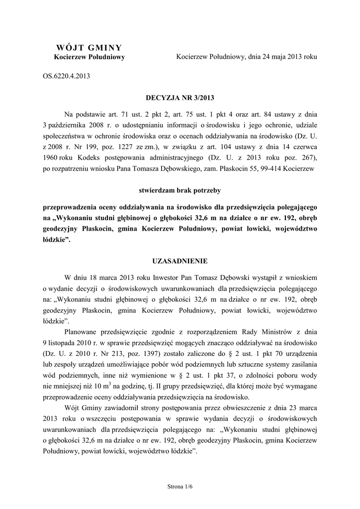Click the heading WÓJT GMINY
tap(89, 48)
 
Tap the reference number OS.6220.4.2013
tap(66, 77)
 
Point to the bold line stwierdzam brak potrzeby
tap(180, 190)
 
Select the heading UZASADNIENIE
tap(180, 260)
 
